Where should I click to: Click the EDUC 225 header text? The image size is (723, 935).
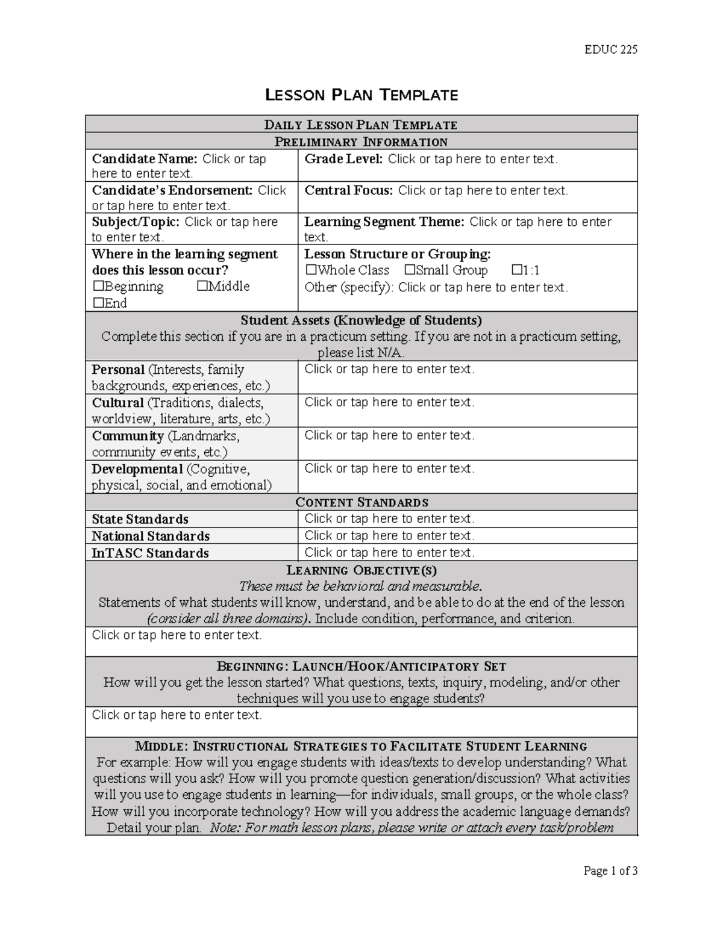point(610,49)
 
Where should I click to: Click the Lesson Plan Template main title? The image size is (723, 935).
point(361,95)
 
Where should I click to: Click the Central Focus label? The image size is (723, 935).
point(349,191)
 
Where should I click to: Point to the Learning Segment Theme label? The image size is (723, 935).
point(384,222)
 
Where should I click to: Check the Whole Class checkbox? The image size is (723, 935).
point(311,270)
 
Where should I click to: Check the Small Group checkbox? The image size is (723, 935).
point(410,270)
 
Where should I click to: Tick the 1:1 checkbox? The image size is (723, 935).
point(516,270)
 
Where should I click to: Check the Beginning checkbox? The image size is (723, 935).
point(98,287)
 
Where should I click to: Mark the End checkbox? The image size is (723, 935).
point(98,303)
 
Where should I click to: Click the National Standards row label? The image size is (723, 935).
point(151,536)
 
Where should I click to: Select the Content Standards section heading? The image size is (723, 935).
point(361,503)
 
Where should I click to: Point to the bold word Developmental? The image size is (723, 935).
point(137,469)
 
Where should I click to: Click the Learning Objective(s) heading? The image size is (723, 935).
point(361,570)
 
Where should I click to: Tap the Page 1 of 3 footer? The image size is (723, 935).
point(610,871)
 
